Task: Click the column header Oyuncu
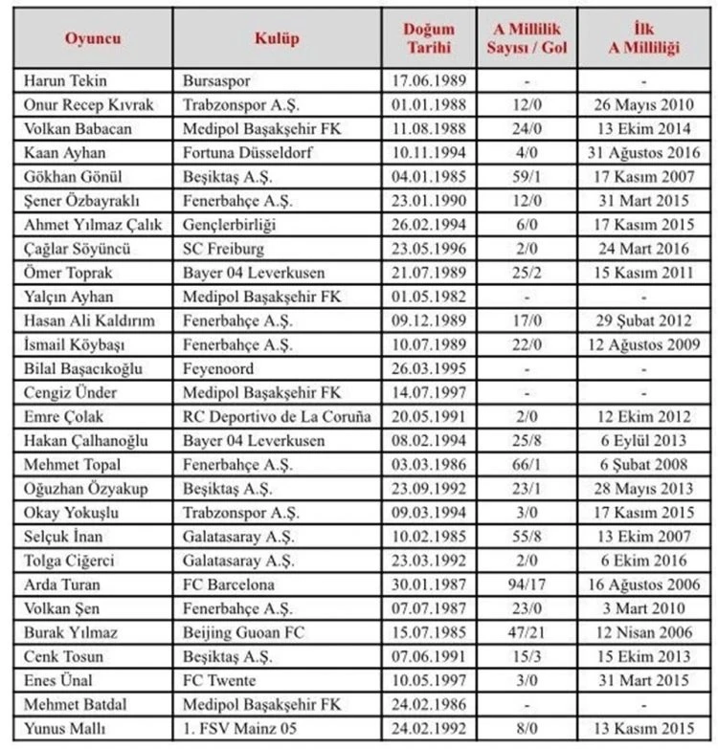[x=93, y=38]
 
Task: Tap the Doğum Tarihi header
[x=429, y=38]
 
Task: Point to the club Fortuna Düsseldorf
[x=248, y=153]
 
